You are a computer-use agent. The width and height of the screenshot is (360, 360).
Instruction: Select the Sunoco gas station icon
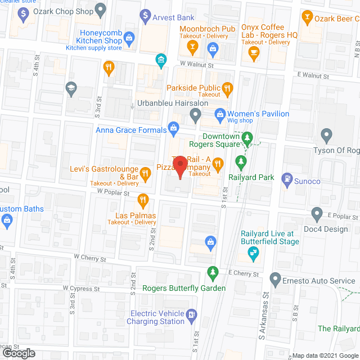[x=286, y=179]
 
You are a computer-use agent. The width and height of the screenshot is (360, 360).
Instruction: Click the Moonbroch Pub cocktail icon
[x=193, y=46]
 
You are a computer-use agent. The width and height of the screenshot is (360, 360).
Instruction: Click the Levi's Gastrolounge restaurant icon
[x=146, y=174]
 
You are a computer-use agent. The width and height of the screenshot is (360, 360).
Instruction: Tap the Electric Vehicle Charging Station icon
[x=192, y=314]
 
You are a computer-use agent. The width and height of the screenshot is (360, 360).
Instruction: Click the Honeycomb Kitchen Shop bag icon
[x=129, y=39]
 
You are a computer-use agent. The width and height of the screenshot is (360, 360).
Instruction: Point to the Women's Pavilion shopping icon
[x=221, y=114]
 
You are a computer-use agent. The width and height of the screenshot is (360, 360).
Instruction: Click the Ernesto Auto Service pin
[x=275, y=278]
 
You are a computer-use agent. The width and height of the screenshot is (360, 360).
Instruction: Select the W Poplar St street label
[x=114, y=191]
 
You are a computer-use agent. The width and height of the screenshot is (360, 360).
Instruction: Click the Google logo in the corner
[x=18, y=353]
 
